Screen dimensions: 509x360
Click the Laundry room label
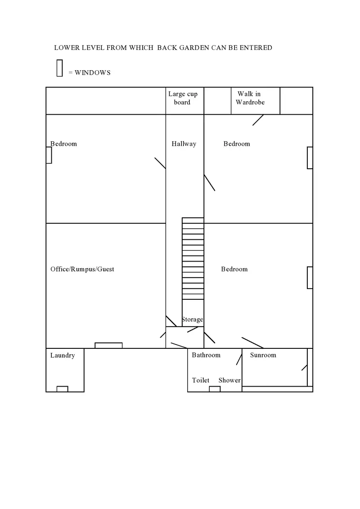(x=63, y=356)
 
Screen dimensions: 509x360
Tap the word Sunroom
(x=263, y=355)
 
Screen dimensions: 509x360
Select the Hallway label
(x=184, y=144)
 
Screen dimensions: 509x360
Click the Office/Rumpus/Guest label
(x=82, y=269)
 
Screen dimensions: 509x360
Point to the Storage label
(x=192, y=320)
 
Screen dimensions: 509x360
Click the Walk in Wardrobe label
(x=250, y=98)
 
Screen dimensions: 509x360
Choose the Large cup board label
(x=183, y=98)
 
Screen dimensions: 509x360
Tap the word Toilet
(x=201, y=380)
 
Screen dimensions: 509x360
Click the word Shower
(x=229, y=380)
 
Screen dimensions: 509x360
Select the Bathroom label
(x=206, y=355)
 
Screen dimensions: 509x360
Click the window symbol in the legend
(x=59, y=68)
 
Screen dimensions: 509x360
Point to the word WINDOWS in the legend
(x=92, y=72)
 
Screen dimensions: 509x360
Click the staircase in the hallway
(x=193, y=258)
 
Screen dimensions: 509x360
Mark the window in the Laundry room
(x=62, y=389)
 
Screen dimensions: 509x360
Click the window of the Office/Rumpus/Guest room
(x=108, y=346)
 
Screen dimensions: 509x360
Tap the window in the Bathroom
(x=215, y=389)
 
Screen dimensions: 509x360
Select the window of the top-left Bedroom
(x=49, y=155)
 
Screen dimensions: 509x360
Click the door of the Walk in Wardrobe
(x=258, y=120)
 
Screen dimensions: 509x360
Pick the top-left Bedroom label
(x=63, y=144)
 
